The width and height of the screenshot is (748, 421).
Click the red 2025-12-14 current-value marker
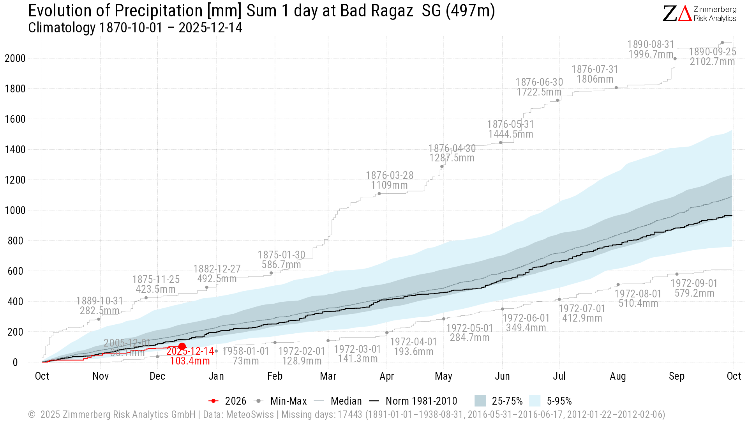pyautogui.click(x=182, y=347)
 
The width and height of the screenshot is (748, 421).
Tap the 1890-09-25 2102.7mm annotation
pyautogui.click(x=712, y=57)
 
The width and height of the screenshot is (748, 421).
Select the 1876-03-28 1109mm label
pyautogui.click(x=389, y=180)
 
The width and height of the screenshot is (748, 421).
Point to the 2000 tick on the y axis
pyautogui.click(x=15, y=58)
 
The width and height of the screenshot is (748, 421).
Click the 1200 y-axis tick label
pyautogui.click(x=15, y=180)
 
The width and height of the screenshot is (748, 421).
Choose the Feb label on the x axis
pyautogui.click(x=275, y=376)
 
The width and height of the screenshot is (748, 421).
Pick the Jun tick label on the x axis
pyautogui.click(x=502, y=376)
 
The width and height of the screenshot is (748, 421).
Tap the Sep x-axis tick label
pyautogui.click(x=676, y=376)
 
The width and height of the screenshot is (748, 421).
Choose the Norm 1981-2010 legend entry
pyautogui.click(x=413, y=401)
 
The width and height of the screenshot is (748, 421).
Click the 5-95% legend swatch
pyautogui.click(x=535, y=401)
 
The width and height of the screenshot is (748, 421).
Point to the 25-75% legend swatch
pyautogui.click(x=480, y=401)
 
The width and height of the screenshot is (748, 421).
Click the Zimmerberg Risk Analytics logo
pyautogui.click(x=699, y=14)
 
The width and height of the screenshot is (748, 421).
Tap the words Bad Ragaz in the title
pyautogui.click(x=376, y=11)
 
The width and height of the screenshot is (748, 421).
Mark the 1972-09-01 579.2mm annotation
pyautogui.click(x=694, y=288)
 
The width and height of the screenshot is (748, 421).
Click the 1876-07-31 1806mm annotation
pyautogui.click(x=595, y=74)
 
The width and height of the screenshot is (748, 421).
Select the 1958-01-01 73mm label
pyautogui.click(x=245, y=356)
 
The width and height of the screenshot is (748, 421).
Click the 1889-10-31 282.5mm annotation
pyautogui.click(x=99, y=306)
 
